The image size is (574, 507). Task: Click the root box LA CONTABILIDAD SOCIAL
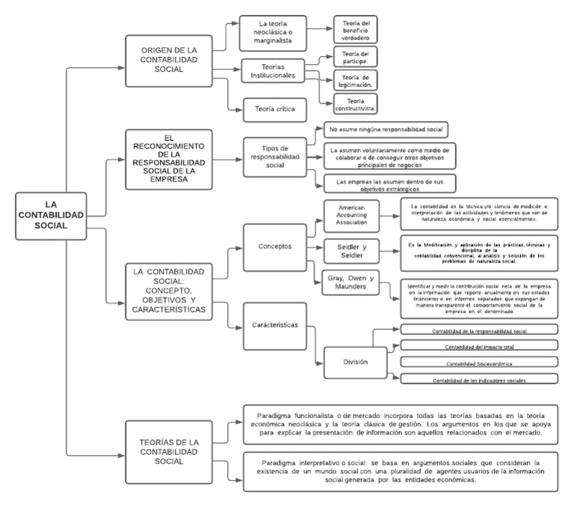tap(49, 215)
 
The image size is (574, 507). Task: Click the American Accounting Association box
tap(349, 216)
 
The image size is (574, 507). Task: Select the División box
tap(355, 362)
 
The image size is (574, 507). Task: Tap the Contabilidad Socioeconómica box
tap(478, 363)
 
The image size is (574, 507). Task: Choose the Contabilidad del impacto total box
tap(478, 346)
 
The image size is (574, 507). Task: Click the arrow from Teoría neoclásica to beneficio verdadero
tap(319, 30)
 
